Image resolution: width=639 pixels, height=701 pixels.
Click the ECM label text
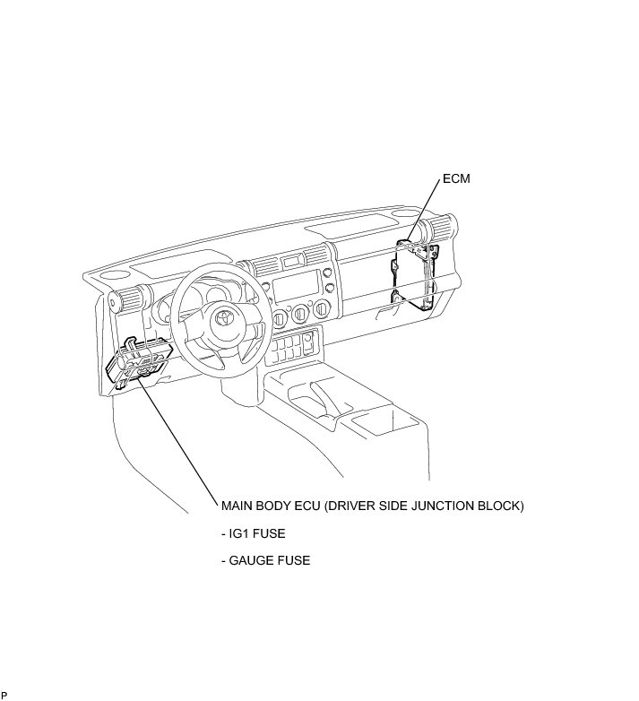pos(456,179)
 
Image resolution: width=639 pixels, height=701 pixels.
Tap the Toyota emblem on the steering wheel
pos(220,319)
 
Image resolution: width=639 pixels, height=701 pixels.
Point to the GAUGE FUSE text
pos(265,561)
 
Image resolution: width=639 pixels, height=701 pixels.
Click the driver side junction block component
pos(139,362)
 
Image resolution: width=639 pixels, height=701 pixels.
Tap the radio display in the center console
pos(294,290)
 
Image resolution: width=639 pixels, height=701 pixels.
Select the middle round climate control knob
pos(299,313)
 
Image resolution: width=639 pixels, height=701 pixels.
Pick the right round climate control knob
pos(319,309)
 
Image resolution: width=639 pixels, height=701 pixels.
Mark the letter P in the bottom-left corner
pos(4,695)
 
